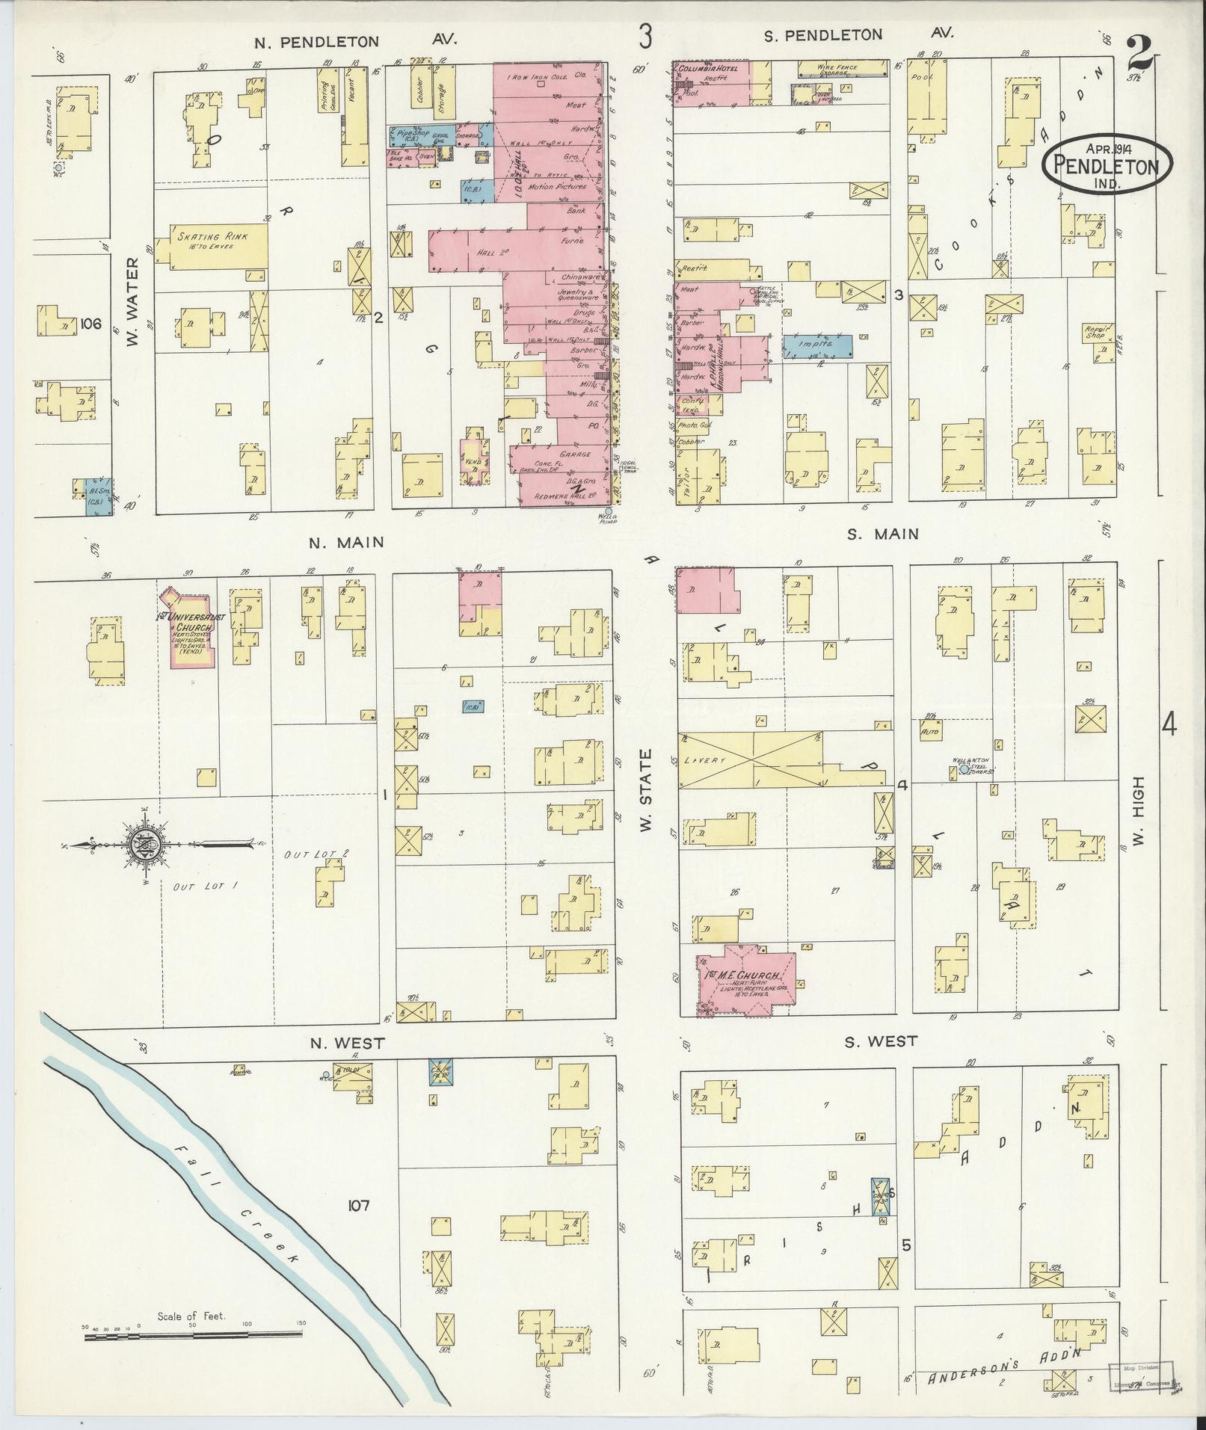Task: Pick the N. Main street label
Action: [346, 543]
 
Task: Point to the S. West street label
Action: [880, 1041]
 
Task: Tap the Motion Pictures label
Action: [557, 186]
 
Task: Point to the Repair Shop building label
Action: [1099, 332]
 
